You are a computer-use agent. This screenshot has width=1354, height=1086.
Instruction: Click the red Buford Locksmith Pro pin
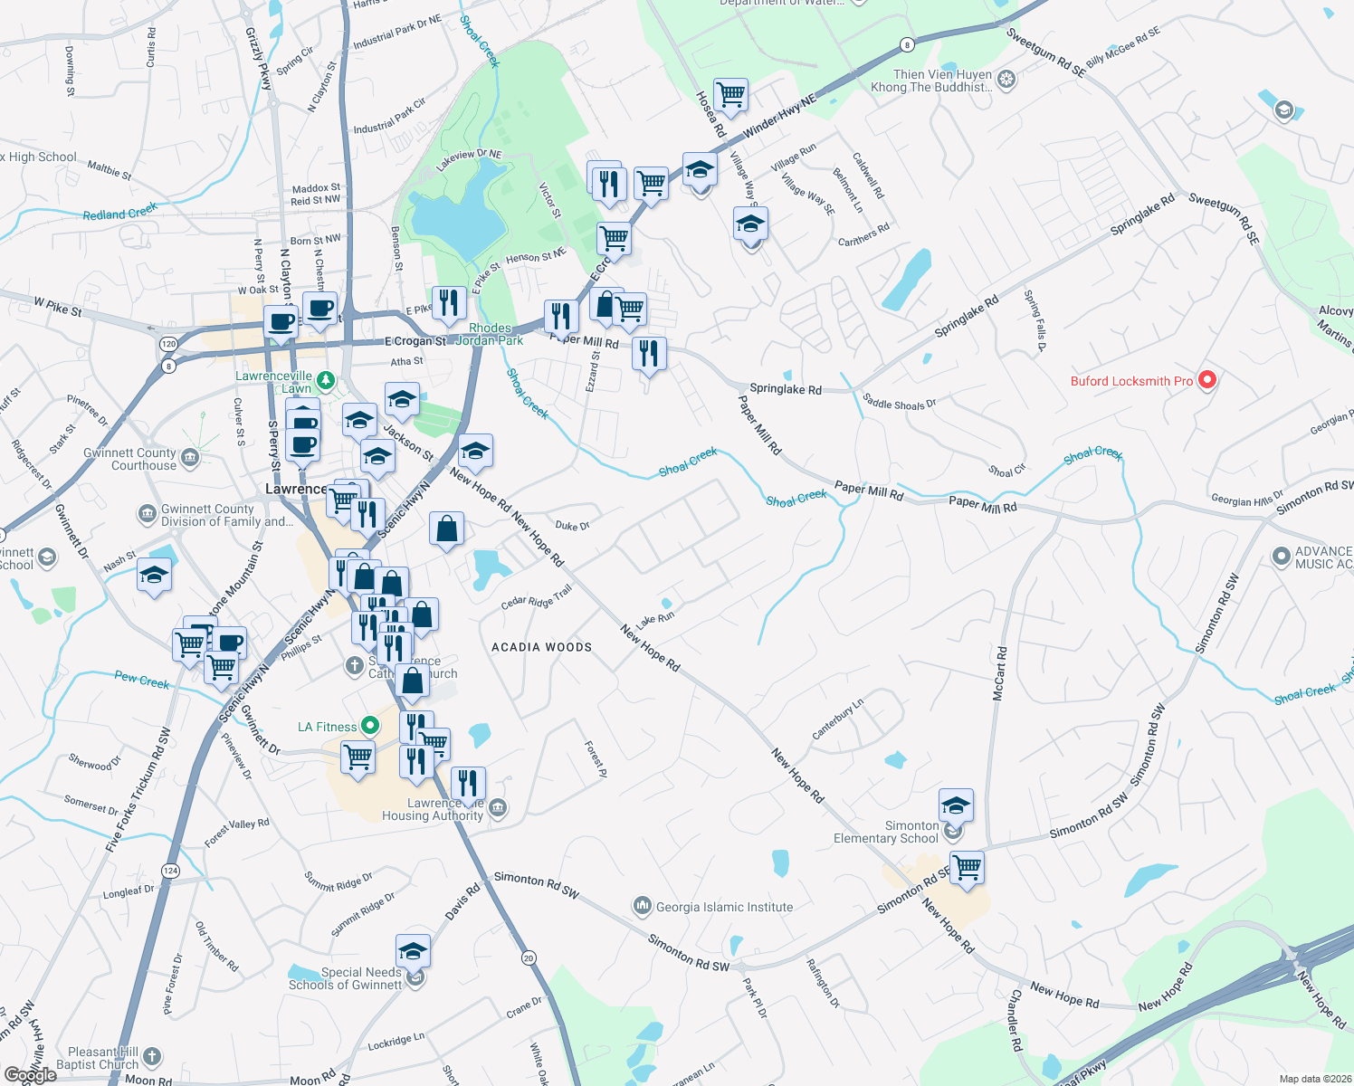pyautogui.click(x=1206, y=380)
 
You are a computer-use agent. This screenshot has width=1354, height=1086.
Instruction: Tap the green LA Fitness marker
pyautogui.click(x=369, y=726)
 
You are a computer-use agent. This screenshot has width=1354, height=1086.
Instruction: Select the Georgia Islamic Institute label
pyautogui.click(x=724, y=907)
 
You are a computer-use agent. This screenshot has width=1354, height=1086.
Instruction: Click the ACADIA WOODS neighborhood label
pyautogui.click(x=541, y=647)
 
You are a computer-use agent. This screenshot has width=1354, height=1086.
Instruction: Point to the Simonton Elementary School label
pyautogui.click(x=886, y=832)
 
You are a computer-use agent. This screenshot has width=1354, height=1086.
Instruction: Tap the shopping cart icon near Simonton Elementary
pyautogui.click(x=967, y=866)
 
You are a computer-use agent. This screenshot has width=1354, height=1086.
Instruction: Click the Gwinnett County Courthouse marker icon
pyautogui.click(x=190, y=458)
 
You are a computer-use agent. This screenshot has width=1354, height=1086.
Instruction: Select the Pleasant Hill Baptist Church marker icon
pyautogui.click(x=152, y=1056)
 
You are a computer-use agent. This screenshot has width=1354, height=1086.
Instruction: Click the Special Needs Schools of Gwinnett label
pyautogui.click(x=345, y=978)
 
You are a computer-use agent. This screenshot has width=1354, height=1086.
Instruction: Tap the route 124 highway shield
pyautogui.click(x=170, y=871)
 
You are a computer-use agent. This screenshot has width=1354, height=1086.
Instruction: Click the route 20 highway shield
pyautogui.click(x=529, y=957)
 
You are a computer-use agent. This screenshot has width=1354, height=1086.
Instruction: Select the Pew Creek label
pyautogui.click(x=142, y=680)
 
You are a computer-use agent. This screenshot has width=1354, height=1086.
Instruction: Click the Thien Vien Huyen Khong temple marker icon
pyautogui.click(x=1006, y=81)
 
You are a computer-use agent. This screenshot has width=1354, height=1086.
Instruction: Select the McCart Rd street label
pyautogui.click(x=999, y=673)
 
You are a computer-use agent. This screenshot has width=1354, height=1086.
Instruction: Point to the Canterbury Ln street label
pyautogui.click(x=837, y=719)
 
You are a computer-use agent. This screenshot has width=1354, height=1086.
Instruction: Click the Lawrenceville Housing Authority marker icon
pyautogui.click(x=498, y=808)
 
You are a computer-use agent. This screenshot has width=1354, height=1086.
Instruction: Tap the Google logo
pyautogui.click(x=30, y=1074)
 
